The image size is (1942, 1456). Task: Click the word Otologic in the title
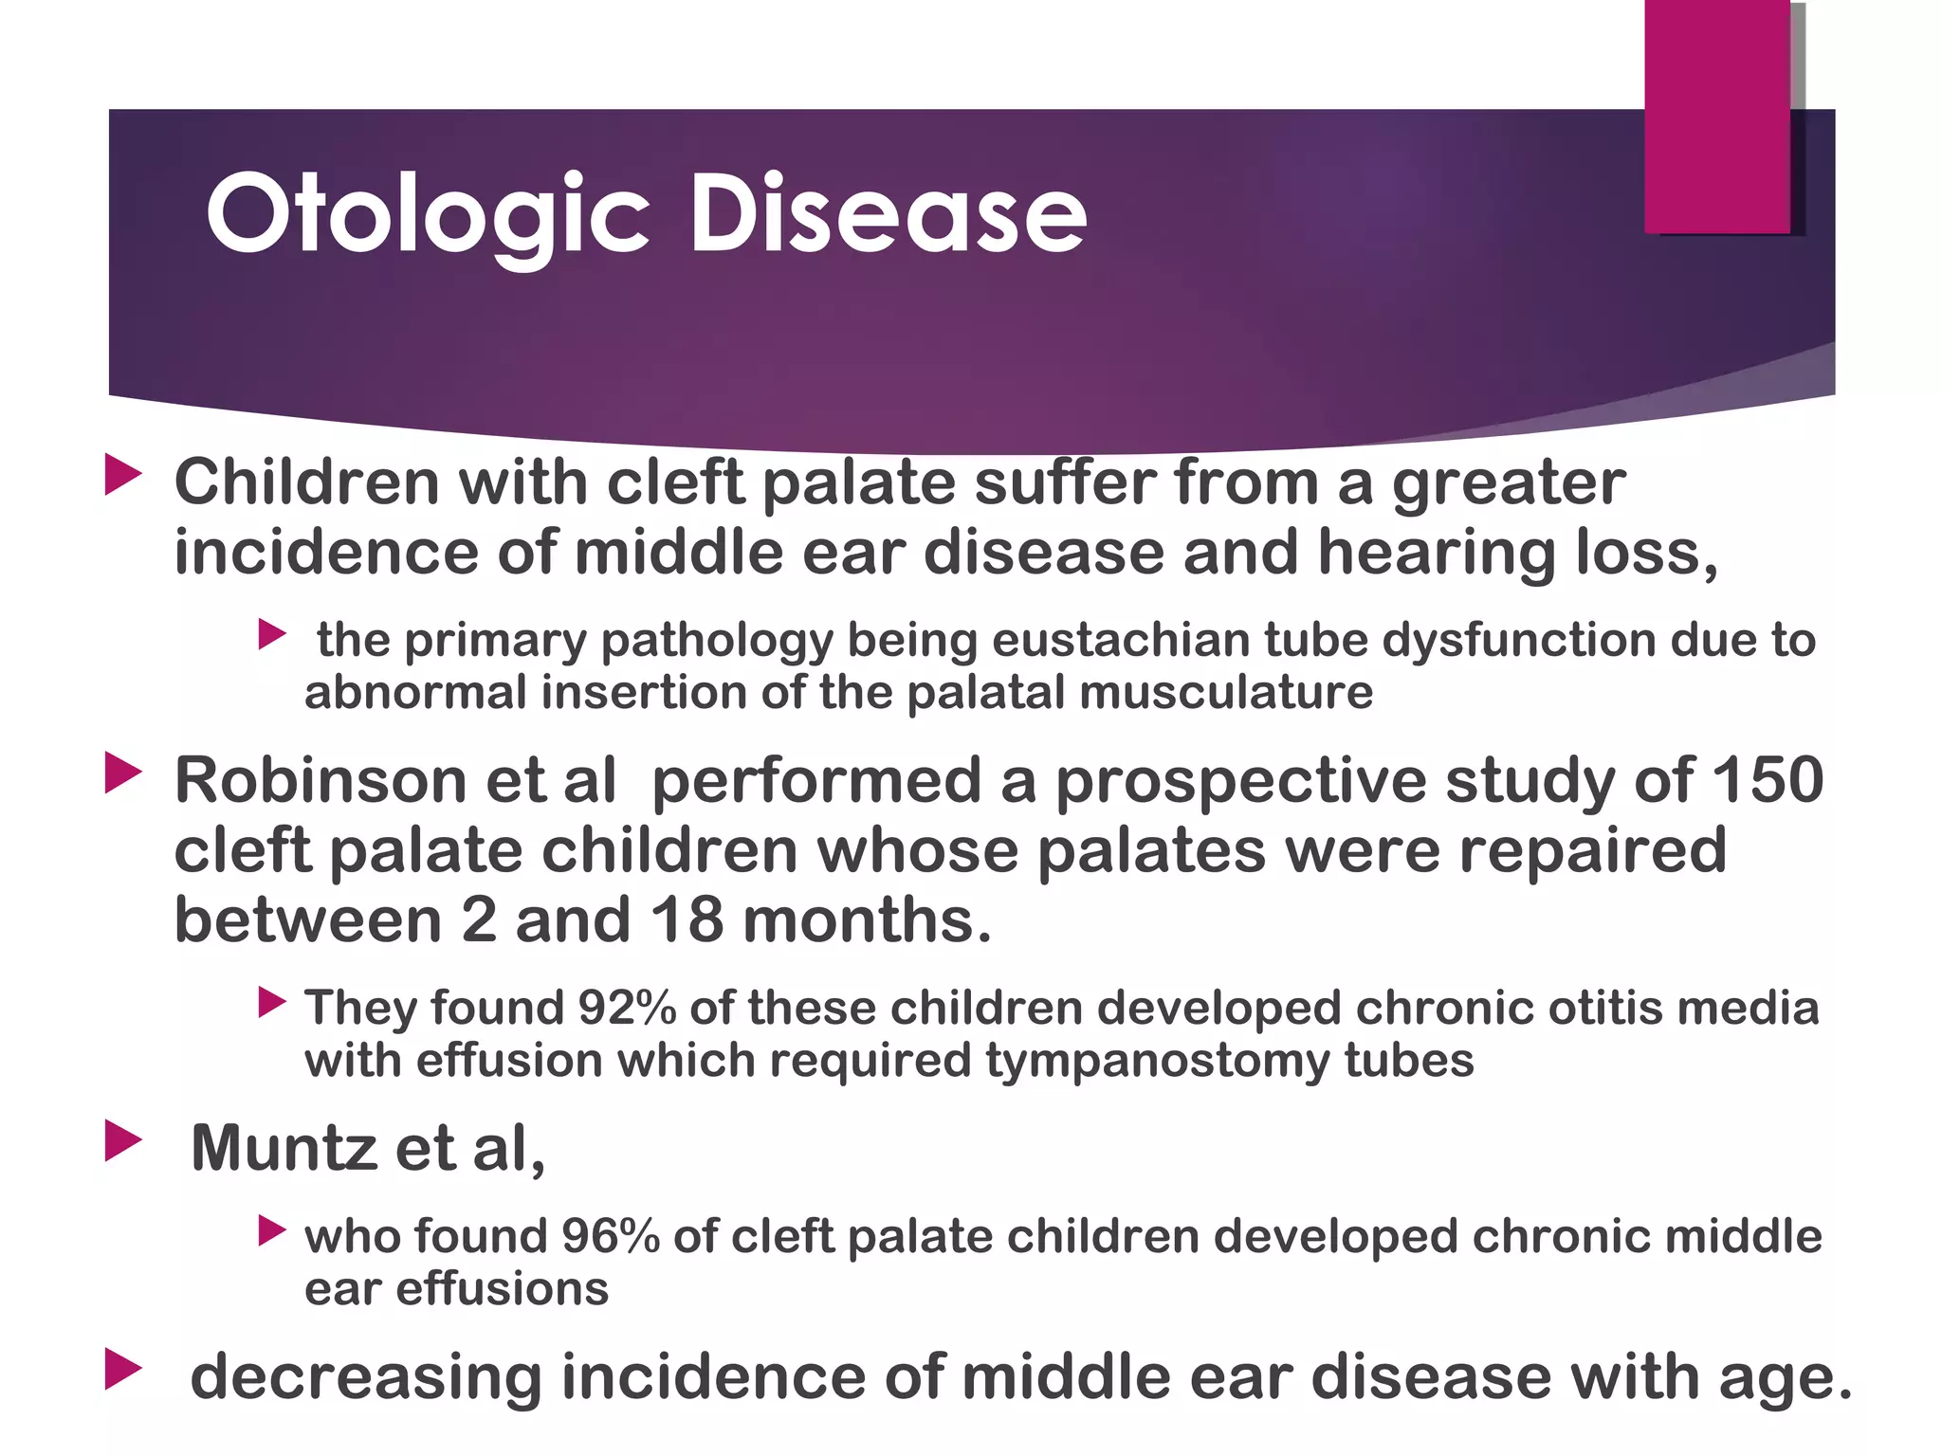coord(427,216)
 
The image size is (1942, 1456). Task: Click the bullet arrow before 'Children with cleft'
coord(122,474)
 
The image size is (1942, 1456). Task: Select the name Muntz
coord(283,1148)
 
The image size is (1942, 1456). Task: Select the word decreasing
coord(365,1377)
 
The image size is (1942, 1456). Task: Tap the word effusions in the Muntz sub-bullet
coord(502,1289)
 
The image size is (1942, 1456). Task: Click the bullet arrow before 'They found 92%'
coord(271,1002)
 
